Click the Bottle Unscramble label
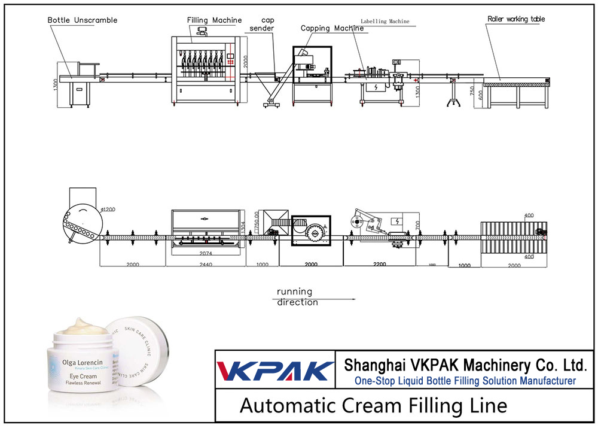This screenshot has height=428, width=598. tap(83, 20)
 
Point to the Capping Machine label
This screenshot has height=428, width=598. tap(332, 28)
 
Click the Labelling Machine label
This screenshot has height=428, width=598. tap(385, 21)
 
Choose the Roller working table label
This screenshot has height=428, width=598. tap(515, 19)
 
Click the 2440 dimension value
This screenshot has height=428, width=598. tap(205, 263)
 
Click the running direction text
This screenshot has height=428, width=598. tap(297, 297)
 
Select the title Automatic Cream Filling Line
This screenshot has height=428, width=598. tap(373, 406)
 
